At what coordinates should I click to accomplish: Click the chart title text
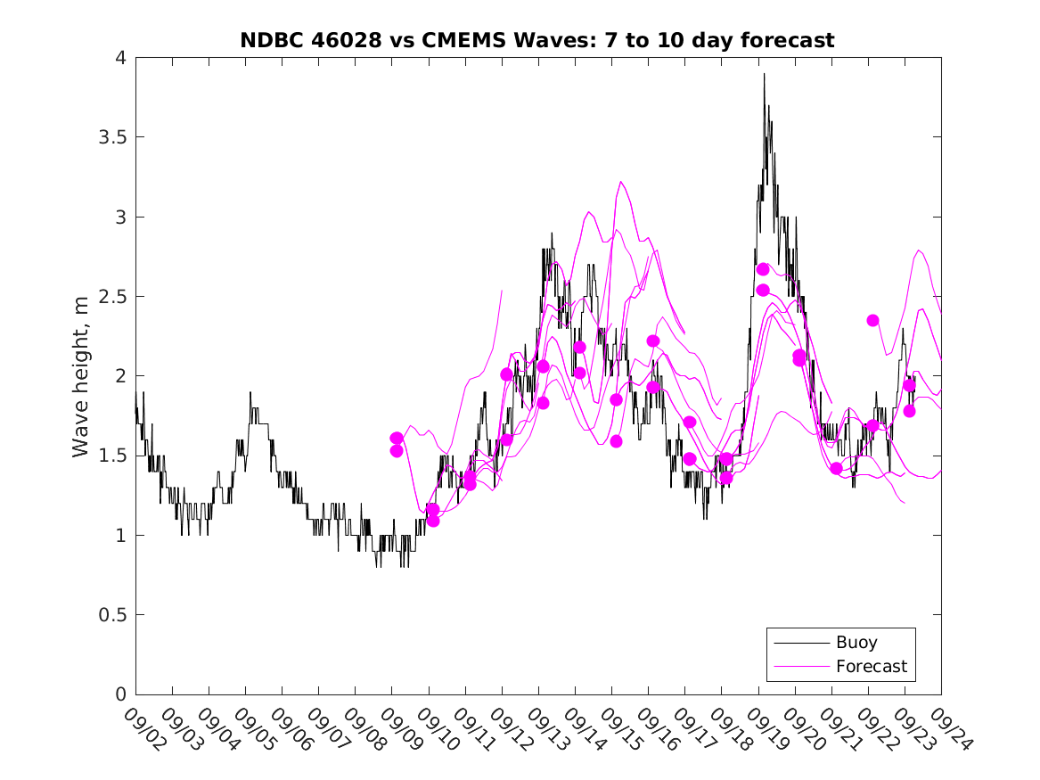537,40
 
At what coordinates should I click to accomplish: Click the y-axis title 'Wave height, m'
81,376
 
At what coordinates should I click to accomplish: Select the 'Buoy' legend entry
856,642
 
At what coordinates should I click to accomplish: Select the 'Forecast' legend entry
871,666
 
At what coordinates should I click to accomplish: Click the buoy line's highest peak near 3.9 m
764,75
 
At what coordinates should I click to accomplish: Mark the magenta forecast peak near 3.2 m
621,182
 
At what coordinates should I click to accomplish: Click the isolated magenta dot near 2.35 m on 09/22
872,320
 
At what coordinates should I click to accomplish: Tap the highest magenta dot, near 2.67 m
763,269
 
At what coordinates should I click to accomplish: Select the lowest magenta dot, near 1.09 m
433,521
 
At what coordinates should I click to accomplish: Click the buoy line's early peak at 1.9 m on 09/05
250,392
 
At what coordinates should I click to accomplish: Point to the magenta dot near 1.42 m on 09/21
836,468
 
